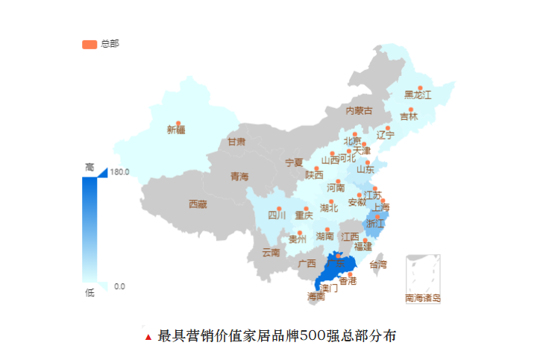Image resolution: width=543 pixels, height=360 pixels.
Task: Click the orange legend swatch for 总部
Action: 90,44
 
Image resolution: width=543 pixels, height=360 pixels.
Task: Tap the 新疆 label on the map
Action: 176,130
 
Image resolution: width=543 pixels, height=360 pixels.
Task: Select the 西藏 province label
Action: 197,203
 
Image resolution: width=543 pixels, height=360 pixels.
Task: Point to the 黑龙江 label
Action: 418,95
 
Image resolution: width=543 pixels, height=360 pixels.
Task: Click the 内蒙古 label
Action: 358,111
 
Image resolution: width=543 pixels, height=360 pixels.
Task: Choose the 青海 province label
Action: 239,177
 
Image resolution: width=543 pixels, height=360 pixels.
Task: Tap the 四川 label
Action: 277,216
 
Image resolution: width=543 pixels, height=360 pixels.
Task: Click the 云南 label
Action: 271,253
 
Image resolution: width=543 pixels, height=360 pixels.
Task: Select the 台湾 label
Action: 378,265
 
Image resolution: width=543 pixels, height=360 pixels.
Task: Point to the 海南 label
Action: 316,296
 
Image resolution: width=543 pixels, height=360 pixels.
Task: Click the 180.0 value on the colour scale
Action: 119,171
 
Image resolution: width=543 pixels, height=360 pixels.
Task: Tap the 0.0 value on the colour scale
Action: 119,286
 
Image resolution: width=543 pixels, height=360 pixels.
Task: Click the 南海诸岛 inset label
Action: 423,298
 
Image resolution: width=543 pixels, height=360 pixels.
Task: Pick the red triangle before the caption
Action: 148,337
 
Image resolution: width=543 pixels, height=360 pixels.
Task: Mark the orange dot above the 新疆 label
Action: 178,123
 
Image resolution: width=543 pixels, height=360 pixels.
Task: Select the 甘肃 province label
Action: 236,142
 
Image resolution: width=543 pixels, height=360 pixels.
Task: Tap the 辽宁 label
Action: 385,135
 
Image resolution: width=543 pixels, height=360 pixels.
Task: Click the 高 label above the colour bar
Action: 90,167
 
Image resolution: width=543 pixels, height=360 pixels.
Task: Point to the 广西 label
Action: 307,263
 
